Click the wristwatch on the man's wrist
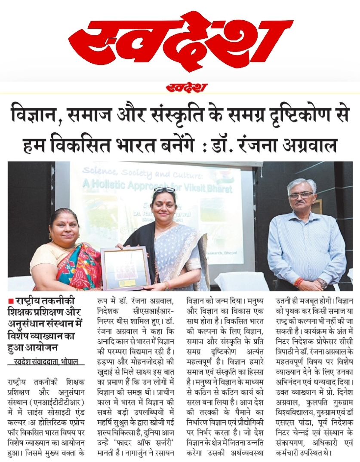pyautogui.click(x=322, y=284)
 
